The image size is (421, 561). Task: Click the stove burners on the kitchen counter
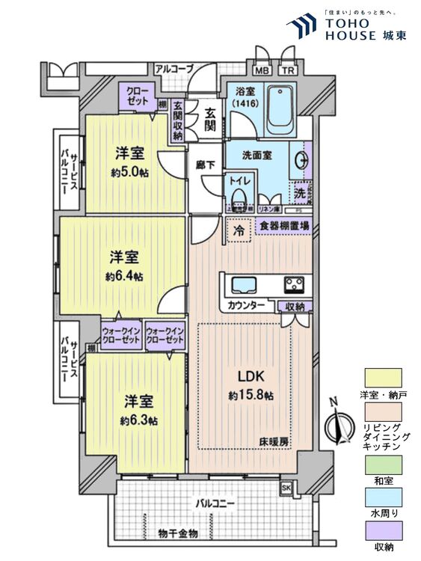(x=292, y=285)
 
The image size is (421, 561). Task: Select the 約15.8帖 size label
(x=248, y=393)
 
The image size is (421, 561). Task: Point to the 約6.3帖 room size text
(x=139, y=420)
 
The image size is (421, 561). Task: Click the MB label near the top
(x=261, y=72)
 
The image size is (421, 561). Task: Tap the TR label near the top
(x=288, y=72)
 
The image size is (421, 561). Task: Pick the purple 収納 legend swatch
(x=383, y=530)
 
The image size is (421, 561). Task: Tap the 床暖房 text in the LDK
(x=274, y=441)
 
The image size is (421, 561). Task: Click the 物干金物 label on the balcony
(x=178, y=533)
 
